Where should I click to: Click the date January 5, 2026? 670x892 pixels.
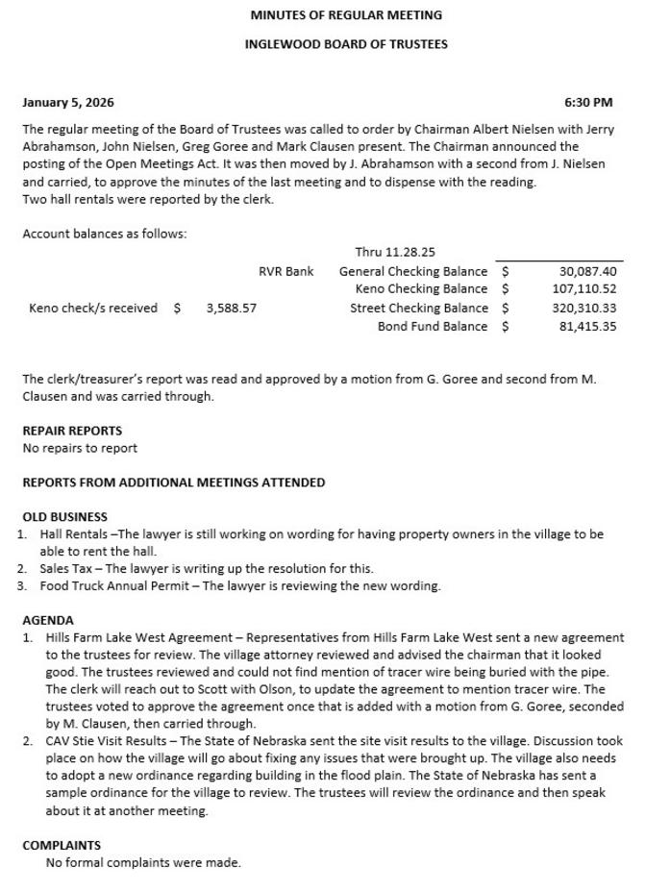68,103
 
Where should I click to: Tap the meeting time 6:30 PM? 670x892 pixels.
588,103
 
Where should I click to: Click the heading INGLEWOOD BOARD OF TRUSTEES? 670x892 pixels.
346,44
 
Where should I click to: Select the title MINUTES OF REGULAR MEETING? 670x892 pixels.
346,15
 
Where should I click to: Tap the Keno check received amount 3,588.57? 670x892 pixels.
232,309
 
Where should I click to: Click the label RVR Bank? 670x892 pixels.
286,272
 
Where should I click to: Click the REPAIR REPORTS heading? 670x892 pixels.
72,431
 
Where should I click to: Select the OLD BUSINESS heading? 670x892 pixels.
64,517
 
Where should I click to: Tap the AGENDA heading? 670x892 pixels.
48,621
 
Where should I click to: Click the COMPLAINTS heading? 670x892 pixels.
62,846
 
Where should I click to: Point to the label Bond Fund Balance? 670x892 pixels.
432,327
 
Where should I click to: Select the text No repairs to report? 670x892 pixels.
80,448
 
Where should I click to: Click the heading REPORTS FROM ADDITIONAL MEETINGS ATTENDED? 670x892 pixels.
173,483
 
